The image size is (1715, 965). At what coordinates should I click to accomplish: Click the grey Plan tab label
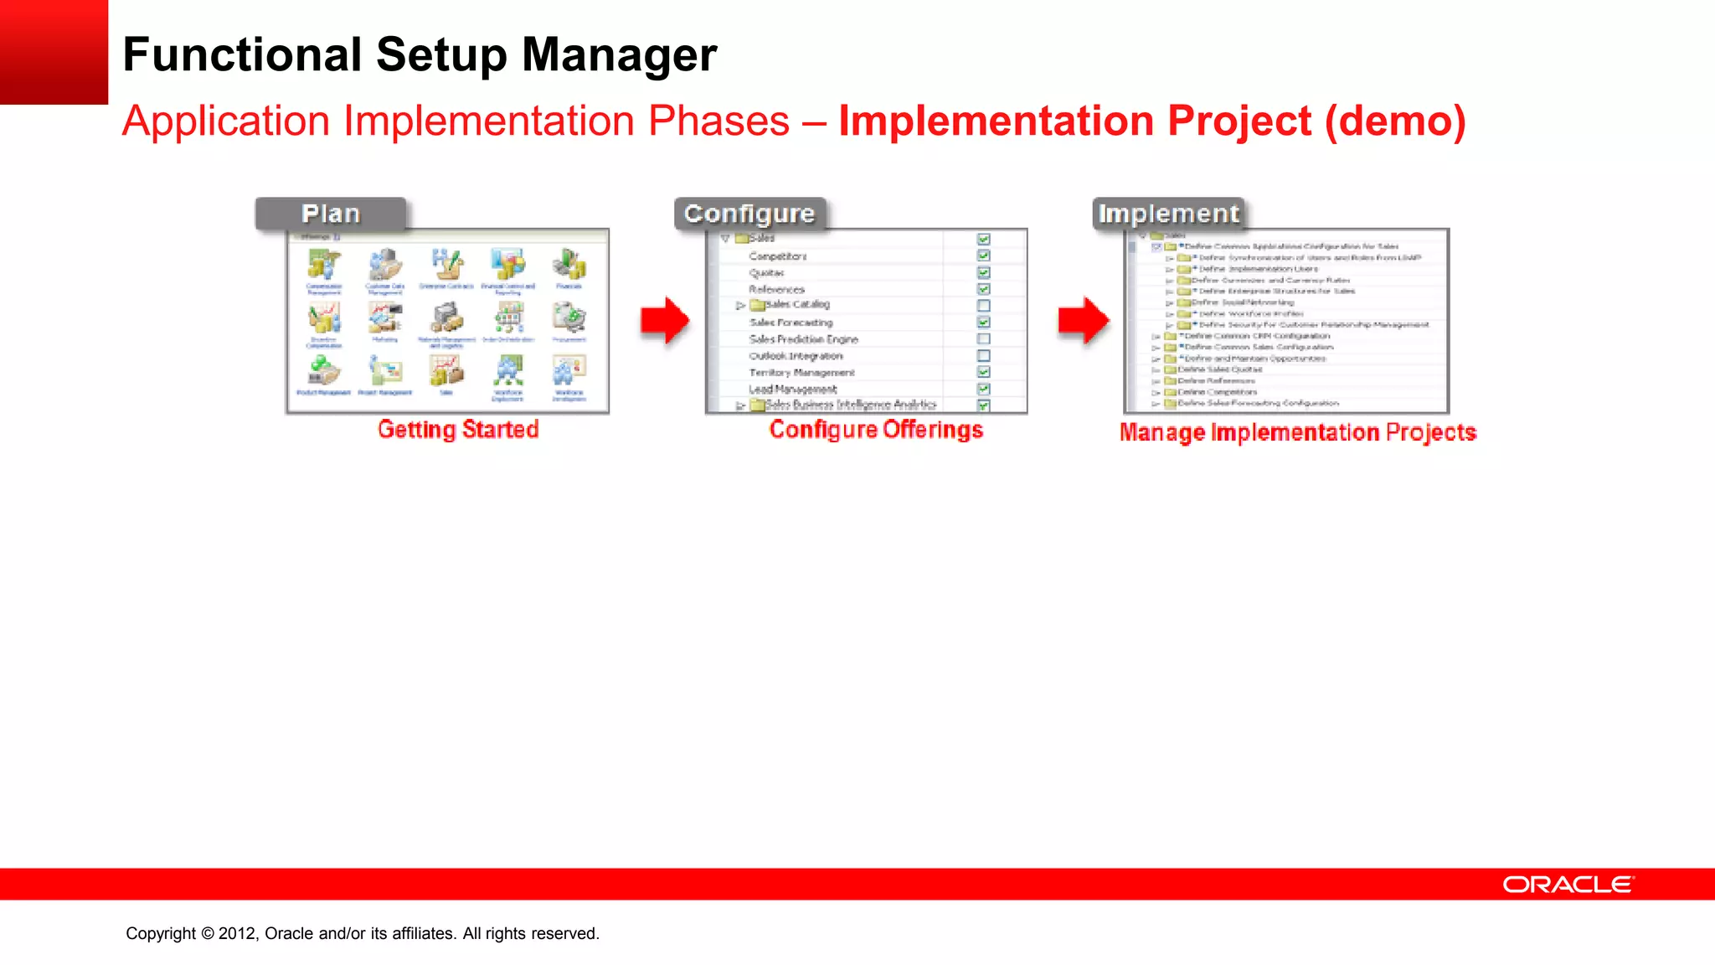click(x=331, y=214)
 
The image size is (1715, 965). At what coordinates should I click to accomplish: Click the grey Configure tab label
click(x=749, y=214)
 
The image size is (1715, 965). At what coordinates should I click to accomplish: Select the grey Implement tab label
click(x=1169, y=214)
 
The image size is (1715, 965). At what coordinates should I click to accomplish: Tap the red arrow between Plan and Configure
click(x=665, y=320)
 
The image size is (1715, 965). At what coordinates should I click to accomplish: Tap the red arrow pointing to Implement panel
click(x=1084, y=320)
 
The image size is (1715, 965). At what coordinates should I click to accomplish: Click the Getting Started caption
click(x=458, y=430)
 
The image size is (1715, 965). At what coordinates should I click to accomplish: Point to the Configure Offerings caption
click(x=876, y=430)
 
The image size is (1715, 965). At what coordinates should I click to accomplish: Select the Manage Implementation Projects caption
click(x=1297, y=432)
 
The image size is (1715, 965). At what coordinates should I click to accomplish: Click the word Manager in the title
click(x=619, y=55)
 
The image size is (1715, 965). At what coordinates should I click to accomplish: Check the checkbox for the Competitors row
click(x=984, y=255)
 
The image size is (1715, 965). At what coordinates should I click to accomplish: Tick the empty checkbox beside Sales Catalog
click(x=984, y=306)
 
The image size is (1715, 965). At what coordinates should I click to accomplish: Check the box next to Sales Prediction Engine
click(x=984, y=339)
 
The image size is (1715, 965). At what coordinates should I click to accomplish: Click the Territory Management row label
click(x=801, y=373)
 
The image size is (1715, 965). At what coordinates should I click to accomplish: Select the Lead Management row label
click(x=792, y=390)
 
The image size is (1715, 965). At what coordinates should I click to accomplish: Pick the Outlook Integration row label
click(x=796, y=356)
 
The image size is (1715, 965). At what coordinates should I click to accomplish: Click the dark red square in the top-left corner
click(x=54, y=52)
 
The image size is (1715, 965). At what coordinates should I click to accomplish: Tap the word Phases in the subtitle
click(x=718, y=121)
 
